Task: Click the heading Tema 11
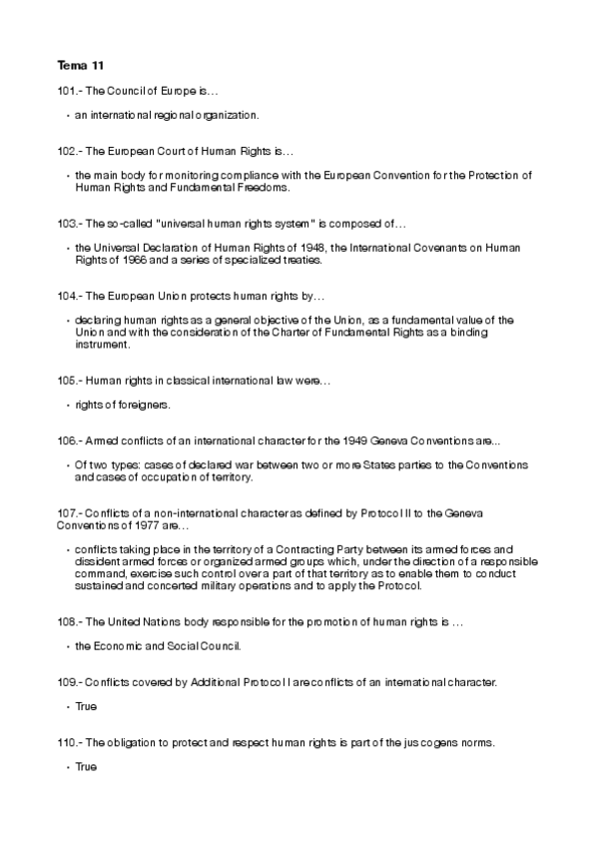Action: click(x=80, y=67)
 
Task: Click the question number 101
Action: click(x=67, y=92)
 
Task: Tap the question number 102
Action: click(x=67, y=152)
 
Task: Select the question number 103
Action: click(x=67, y=223)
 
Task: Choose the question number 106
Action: click(x=67, y=440)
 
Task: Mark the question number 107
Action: click(x=67, y=512)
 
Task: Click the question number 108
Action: click(x=67, y=622)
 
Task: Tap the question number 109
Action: click(x=67, y=682)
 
